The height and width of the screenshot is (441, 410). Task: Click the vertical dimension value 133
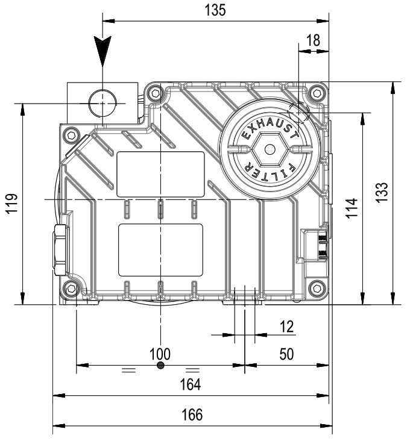point(384,193)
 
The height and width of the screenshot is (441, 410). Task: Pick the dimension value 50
point(286,354)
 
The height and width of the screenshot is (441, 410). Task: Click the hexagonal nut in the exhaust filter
point(270,149)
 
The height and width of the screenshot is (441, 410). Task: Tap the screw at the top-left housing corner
point(157,93)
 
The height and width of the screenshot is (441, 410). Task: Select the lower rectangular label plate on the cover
point(160,249)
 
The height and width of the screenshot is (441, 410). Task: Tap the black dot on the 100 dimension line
point(160,365)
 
